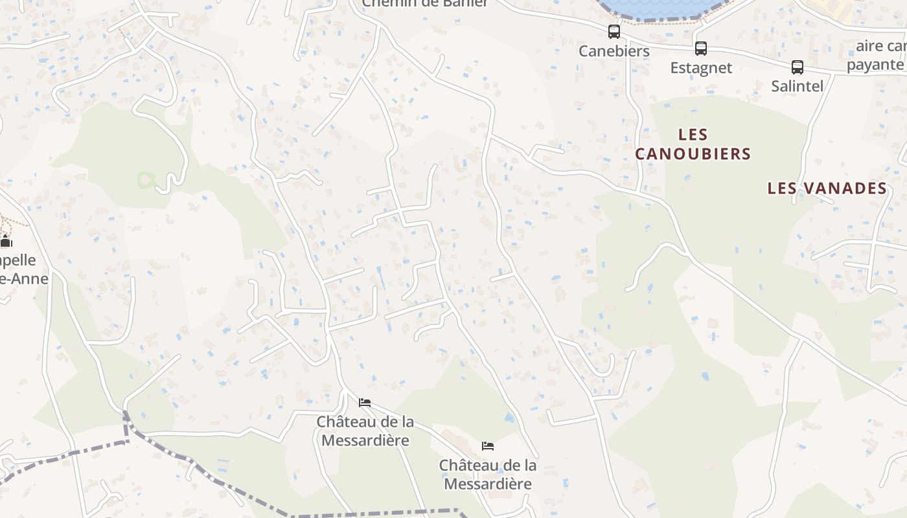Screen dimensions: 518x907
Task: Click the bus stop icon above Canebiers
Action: click(614, 31)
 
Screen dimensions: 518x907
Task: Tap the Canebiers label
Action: click(614, 51)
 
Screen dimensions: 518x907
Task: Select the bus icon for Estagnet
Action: click(700, 48)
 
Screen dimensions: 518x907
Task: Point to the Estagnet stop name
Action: click(701, 67)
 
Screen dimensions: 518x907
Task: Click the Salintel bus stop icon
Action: click(797, 67)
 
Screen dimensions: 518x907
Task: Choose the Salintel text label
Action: click(797, 85)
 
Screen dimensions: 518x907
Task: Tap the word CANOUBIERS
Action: click(693, 154)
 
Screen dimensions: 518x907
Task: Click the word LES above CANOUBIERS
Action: click(693, 135)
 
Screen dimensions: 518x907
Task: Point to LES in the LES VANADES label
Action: click(782, 188)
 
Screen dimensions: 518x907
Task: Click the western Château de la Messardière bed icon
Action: click(365, 403)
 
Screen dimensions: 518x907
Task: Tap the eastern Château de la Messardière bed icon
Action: click(488, 446)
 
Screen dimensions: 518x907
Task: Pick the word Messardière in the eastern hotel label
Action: click(488, 484)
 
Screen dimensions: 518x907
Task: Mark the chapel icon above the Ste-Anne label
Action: click(6, 242)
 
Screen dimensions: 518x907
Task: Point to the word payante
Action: click(875, 65)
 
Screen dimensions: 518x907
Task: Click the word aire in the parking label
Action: click(869, 46)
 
